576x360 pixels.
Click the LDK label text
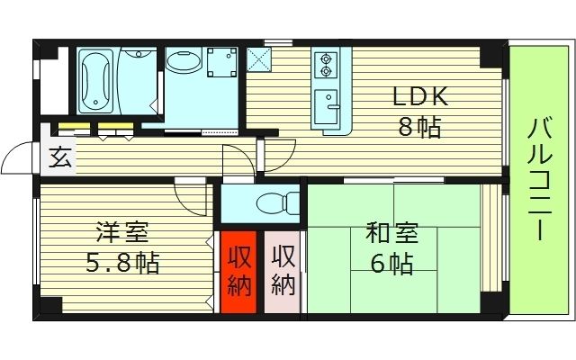pos(418,96)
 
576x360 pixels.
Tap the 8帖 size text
pos(419,126)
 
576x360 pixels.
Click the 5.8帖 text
pos(123,263)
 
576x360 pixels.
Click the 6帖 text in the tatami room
pos(391,264)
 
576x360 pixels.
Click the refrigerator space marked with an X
pos(261,58)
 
